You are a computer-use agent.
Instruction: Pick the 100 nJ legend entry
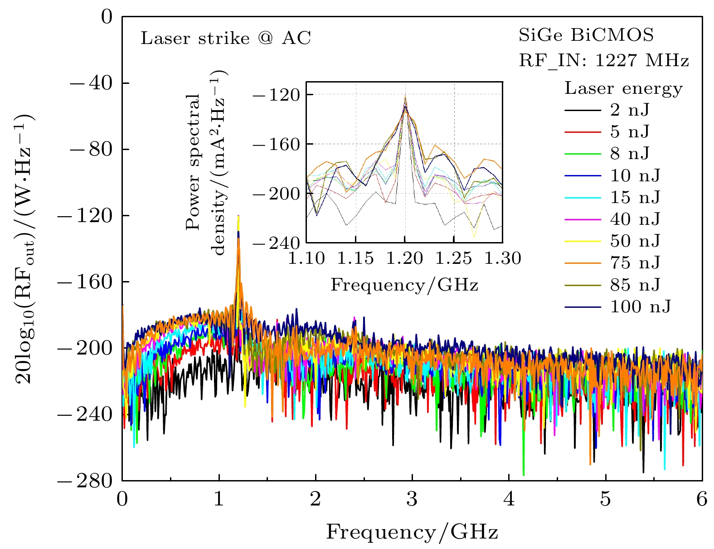(640, 307)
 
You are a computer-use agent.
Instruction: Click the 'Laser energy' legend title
(623, 88)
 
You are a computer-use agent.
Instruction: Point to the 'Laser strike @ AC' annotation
(226, 38)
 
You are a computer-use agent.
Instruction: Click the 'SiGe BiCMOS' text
(586, 35)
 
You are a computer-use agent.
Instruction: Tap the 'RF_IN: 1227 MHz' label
(604, 60)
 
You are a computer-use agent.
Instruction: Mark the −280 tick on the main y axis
(85, 481)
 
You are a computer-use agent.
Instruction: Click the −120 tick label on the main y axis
(85, 216)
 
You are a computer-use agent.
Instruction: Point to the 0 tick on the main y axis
(107, 17)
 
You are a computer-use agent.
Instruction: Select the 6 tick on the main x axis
(702, 500)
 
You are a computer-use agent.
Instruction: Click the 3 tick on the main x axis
(412, 500)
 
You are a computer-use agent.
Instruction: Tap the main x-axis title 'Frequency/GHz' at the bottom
(412, 531)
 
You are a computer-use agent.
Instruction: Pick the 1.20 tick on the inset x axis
(405, 258)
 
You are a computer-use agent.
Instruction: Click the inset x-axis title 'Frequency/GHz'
(404, 285)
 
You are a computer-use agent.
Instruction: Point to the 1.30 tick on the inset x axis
(503, 258)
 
